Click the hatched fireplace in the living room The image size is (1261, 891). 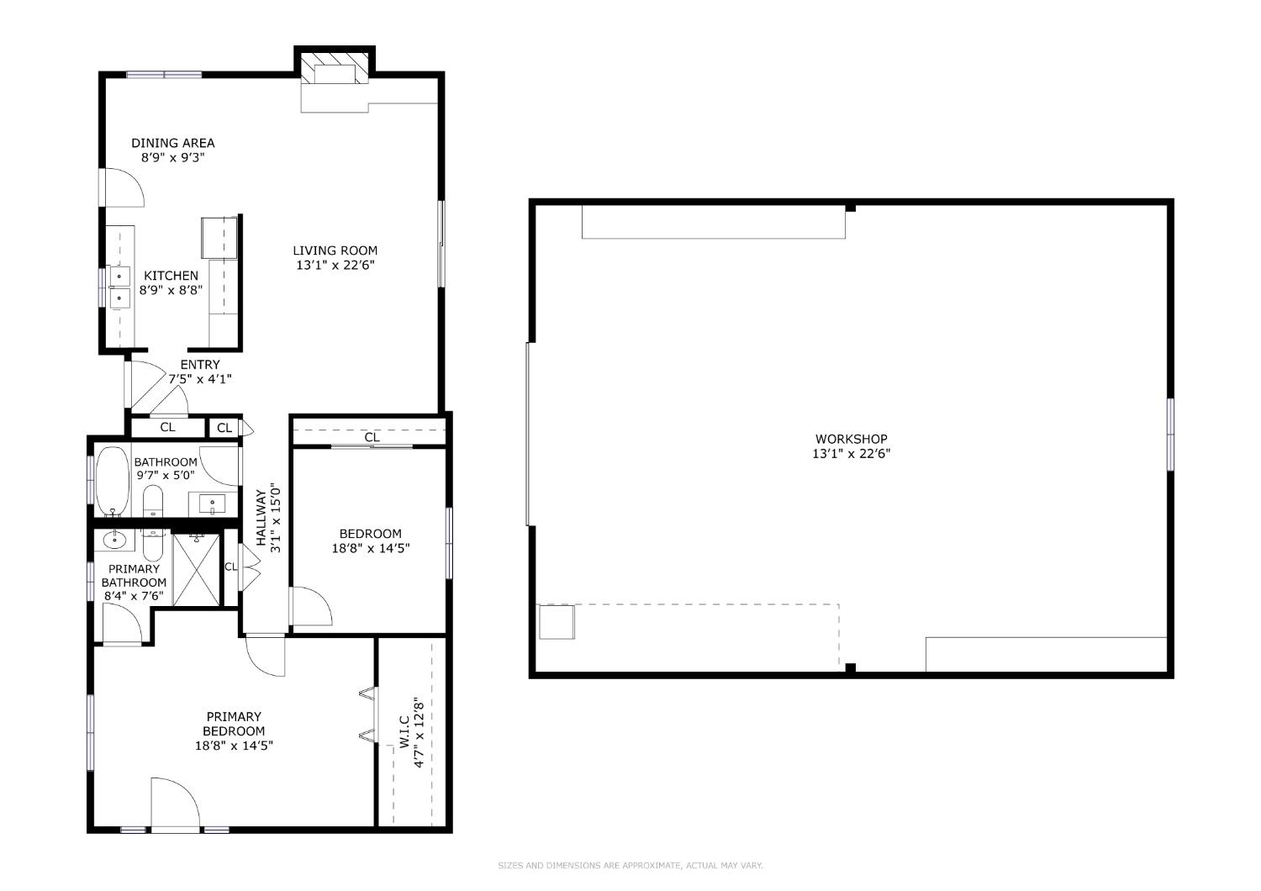point(335,66)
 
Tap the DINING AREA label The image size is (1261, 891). point(172,143)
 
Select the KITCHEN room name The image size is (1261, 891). point(171,276)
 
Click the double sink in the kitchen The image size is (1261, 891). point(119,286)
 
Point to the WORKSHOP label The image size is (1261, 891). point(851,439)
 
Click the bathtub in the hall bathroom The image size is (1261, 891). point(111,482)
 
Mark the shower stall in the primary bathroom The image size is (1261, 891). point(197,569)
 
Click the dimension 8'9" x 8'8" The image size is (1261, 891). point(171,290)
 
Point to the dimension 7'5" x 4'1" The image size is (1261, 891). point(200,379)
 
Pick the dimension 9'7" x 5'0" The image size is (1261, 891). point(166,475)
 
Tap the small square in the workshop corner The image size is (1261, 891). point(556,623)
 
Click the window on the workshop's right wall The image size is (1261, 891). point(1169,434)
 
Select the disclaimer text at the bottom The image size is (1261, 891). point(630,865)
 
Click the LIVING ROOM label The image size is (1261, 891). point(335,250)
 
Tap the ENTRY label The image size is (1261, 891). point(200,365)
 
